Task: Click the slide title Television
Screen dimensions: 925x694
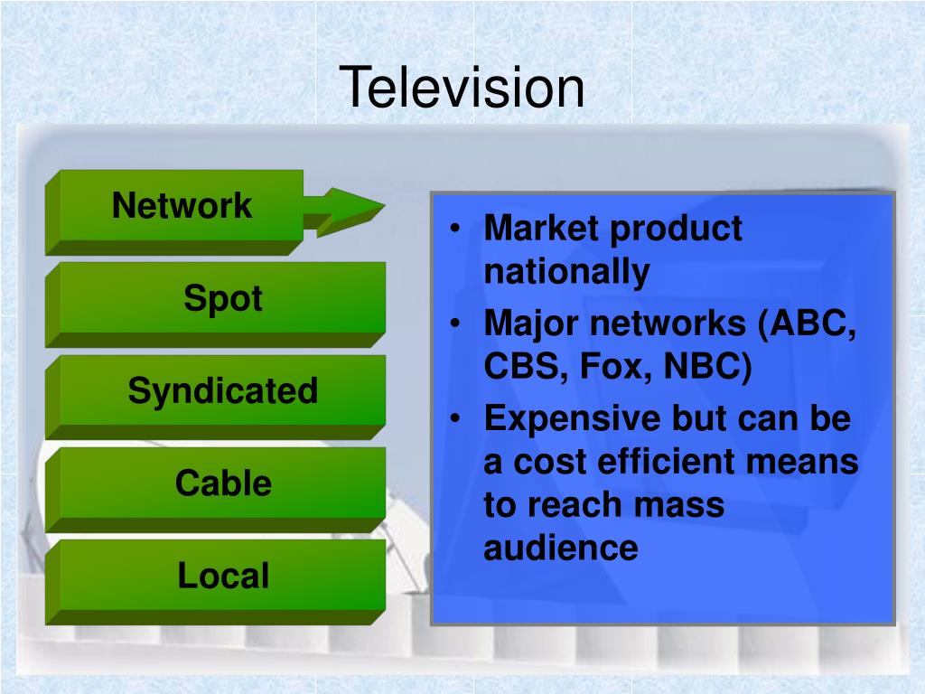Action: coord(462,89)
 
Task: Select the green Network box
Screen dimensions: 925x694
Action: coord(181,207)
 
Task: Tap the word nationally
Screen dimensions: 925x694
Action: coord(566,271)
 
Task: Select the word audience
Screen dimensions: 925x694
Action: coord(560,548)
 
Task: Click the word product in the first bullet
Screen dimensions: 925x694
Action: coord(676,229)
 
